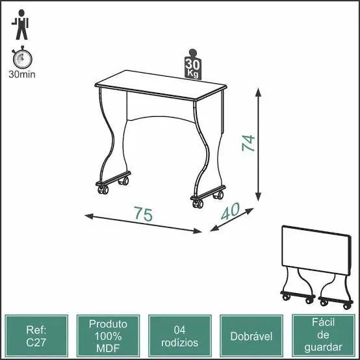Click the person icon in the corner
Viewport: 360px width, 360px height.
pos(21,24)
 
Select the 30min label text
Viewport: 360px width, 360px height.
pos(21,74)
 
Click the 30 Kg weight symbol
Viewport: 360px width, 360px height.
pos(192,64)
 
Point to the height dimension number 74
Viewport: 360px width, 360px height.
pos(248,143)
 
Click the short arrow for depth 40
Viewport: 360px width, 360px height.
pos(231,220)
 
